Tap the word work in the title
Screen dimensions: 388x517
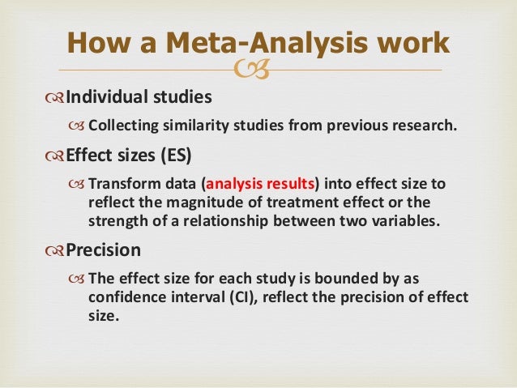click(416, 41)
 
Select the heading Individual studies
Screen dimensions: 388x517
click(138, 97)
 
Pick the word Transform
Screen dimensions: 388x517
click(121, 184)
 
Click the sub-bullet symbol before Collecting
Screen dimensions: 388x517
click(77, 126)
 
